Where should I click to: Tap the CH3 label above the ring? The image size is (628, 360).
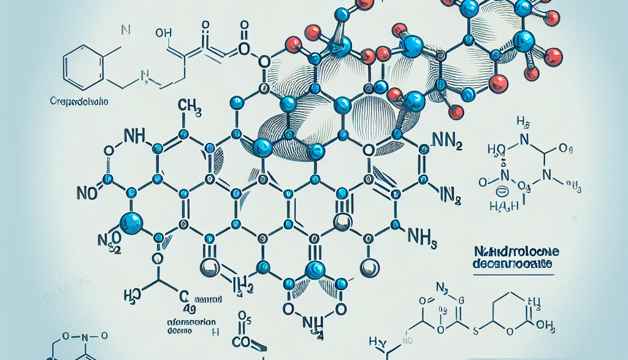(190, 108)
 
